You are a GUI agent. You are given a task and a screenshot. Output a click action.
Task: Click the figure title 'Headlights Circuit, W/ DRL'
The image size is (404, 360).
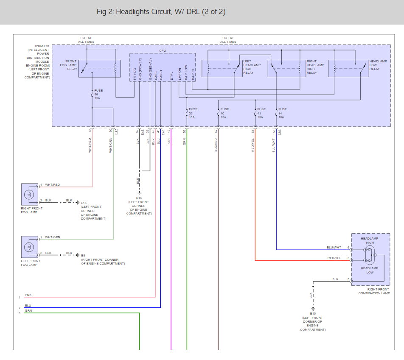[161, 12]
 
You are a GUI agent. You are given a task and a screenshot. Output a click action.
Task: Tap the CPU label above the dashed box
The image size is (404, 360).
[163, 50]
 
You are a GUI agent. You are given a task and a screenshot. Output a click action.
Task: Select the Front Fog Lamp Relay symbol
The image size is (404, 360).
[99, 68]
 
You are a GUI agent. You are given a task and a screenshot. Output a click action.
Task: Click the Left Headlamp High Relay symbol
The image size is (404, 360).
[222, 68]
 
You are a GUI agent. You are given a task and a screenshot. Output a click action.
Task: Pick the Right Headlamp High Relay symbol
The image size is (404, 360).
[286, 68]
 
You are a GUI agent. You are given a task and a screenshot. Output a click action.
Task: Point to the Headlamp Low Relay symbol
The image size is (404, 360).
[348, 68]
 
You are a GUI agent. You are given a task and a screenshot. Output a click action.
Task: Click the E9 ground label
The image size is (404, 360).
[83, 255]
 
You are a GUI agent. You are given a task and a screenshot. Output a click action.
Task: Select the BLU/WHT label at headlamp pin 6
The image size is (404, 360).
[334, 247]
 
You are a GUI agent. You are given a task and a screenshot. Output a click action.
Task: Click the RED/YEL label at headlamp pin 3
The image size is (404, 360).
[334, 258]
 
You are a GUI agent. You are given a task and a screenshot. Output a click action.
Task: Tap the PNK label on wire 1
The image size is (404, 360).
[28, 295]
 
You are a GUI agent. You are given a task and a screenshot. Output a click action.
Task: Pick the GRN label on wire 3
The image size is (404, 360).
[28, 311]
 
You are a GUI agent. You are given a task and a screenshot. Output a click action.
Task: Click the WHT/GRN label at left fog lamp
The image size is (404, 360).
[53, 237]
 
